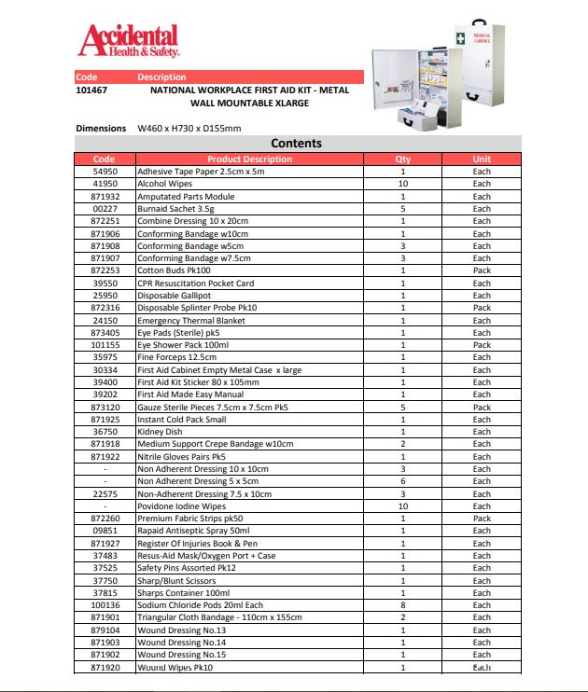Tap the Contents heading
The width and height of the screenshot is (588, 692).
(296, 144)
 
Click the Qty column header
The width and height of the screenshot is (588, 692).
(402, 159)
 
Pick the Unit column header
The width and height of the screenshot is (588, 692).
(481, 159)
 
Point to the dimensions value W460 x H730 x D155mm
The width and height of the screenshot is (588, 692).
(189, 128)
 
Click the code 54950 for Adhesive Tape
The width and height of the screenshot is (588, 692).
(105, 172)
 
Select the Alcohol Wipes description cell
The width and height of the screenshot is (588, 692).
(165, 184)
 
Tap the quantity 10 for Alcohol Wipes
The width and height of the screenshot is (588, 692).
(402, 184)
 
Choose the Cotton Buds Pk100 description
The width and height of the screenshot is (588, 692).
(173, 270)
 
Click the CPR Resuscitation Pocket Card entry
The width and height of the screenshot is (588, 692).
(195, 283)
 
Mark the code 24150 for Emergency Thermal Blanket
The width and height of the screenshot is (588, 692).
(105, 320)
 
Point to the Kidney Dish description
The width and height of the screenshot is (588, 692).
(161, 432)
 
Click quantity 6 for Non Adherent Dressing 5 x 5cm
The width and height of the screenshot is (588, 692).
(402, 481)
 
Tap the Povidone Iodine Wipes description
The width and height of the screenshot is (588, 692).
(181, 506)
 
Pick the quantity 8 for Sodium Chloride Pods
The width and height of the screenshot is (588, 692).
(402, 605)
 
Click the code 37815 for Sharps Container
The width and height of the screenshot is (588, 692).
(105, 593)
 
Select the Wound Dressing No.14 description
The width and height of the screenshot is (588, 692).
(181, 643)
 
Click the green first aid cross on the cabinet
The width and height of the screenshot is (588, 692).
(459, 36)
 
